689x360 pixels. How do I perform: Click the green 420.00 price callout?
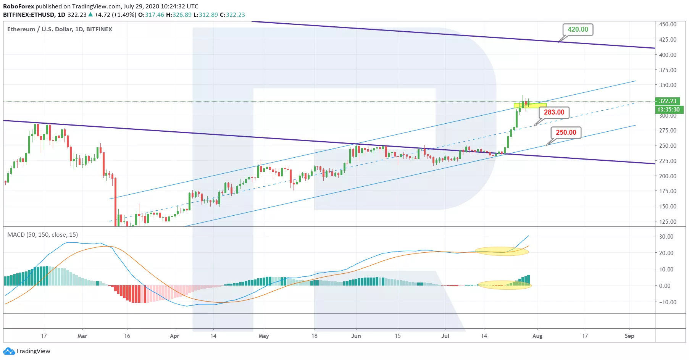(x=578, y=29)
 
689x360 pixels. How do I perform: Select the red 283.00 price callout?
(x=554, y=112)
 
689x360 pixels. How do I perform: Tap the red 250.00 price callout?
(x=566, y=132)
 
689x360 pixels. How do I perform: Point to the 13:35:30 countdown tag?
(x=668, y=110)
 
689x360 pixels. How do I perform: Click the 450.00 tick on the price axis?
(x=668, y=24)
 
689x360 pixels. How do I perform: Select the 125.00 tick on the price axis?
(x=668, y=222)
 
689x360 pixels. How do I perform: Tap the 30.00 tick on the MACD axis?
(x=666, y=237)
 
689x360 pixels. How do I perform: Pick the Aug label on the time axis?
(x=537, y=336)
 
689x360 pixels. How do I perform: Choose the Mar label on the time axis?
(x=82, y=336)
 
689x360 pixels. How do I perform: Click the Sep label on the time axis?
(x=629, y=336)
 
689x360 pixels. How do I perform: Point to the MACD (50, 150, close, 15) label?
(x=42, y=235)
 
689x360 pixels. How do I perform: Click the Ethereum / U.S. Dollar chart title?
(x=60, y=29)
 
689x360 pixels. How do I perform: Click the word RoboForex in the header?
(x=18, y=6)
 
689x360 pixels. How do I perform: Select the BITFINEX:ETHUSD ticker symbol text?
(x=29, y=15)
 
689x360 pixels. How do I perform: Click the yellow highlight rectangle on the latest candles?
(x=530, y=105)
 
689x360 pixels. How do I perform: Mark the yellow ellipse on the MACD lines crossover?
(x=502, y=251)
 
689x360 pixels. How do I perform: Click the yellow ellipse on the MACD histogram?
(x=504, y=285)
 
